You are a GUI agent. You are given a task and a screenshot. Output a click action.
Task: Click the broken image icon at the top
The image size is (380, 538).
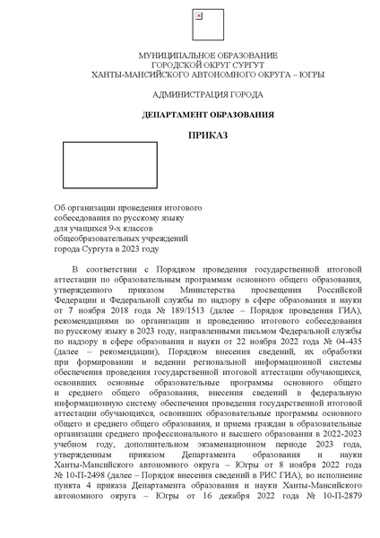[x=198, y=16]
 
